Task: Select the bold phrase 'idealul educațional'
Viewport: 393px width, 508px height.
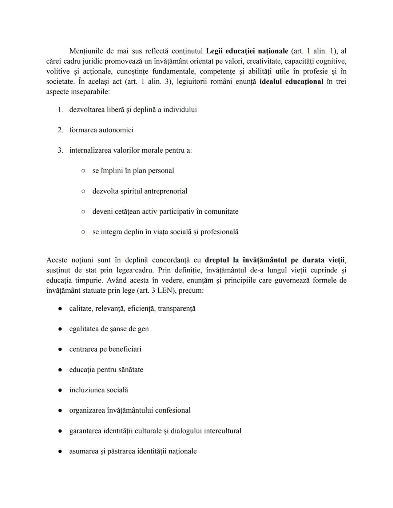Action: click(291, 81)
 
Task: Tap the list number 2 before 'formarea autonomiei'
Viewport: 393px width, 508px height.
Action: click(60, 130)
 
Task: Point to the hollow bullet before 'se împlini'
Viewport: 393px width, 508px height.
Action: click(83, 171)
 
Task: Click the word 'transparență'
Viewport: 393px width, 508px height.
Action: click(176, 309)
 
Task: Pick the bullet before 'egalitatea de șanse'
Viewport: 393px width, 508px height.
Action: click(60, 329)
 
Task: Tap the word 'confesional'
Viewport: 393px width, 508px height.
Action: click(172, 411)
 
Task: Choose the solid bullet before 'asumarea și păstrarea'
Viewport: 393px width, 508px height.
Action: click(60, 451)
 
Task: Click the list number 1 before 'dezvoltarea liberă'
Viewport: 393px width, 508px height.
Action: click(60, 110)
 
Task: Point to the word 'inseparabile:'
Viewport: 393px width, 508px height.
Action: click(90, 92)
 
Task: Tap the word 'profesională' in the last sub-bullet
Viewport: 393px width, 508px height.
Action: click(219, 232)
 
